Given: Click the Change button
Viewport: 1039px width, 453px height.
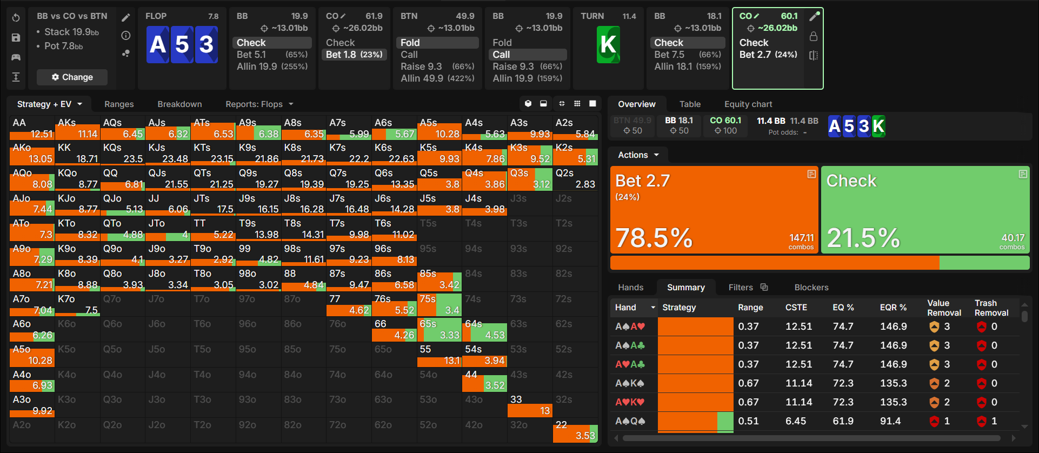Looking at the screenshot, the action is point(72,77).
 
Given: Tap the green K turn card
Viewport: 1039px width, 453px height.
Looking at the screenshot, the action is point(608,44).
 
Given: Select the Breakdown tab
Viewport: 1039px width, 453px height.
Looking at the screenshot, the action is point(179,104).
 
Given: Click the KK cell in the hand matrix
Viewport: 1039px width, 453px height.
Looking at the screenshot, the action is point(77,153).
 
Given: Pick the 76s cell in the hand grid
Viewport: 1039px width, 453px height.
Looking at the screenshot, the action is point(394,304).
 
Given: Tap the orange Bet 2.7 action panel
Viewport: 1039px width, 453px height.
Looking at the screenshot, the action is point(714,210).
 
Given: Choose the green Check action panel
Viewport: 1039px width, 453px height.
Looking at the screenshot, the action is point(925,210).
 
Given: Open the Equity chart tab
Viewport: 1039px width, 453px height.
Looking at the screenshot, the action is point(748,104).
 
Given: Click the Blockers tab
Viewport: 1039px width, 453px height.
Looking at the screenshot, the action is point(811,288).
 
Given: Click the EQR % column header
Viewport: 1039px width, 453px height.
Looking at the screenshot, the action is point(893,308).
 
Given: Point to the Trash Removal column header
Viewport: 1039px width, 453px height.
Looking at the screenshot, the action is point(991,308).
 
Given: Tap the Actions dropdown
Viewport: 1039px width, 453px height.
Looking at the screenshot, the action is point(638,155).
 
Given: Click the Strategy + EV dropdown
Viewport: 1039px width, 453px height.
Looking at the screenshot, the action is point(49,104).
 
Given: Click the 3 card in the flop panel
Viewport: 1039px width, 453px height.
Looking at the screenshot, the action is point(207,44).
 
